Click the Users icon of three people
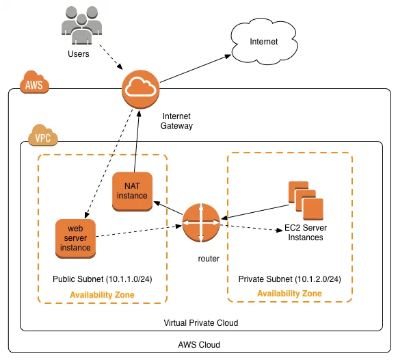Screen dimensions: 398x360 click(82, 25)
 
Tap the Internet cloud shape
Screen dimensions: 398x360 click(264, 42)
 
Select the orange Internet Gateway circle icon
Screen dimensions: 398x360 click(141, 90)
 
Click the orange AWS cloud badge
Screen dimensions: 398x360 click(34, 82)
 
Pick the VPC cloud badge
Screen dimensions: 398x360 click(43, 135)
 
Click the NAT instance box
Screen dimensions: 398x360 click(132, 192)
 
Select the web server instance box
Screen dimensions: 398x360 click(75, 239)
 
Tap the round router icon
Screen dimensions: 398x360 click(201, 223)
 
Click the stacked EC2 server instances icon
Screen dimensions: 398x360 click(306, 201)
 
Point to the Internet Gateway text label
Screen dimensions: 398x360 click(176, 121)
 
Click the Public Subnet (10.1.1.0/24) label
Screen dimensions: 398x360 click(103, 279)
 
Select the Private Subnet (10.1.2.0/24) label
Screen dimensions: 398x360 click(290, 279)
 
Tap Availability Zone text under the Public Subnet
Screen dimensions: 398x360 click(102, 295)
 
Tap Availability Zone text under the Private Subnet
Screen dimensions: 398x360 click(289, 294)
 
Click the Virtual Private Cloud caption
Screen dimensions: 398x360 click(201, 322)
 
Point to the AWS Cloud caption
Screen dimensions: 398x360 click(199, 345)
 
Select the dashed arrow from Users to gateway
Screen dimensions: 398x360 click(111, 57)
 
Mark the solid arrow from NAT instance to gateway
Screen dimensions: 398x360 click(137, 141)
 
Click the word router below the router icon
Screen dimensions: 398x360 click(209, 259)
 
